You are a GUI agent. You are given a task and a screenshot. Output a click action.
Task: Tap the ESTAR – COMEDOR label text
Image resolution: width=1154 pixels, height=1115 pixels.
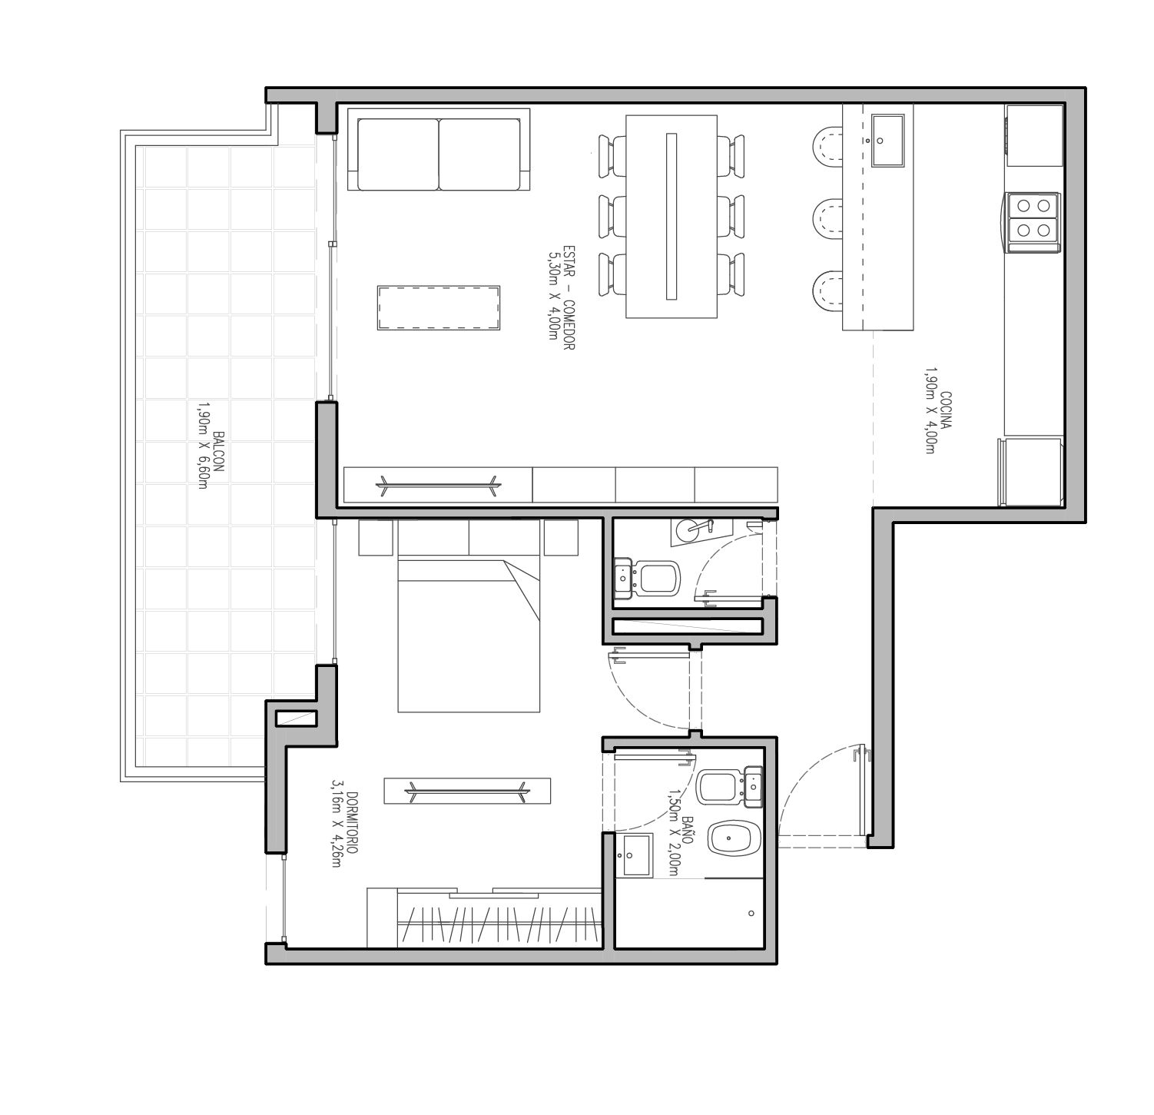[x=569, y=298]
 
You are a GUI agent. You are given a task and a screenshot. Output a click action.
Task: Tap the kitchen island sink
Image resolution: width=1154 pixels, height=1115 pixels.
[x=888, y=140]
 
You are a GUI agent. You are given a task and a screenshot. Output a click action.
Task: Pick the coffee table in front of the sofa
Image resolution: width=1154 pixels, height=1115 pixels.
[x=439, y=308]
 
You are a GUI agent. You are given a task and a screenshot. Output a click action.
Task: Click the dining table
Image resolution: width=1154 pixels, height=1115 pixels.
[x=672, y=216]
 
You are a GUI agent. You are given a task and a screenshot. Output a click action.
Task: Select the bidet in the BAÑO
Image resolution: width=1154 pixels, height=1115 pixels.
[x=735, y=840]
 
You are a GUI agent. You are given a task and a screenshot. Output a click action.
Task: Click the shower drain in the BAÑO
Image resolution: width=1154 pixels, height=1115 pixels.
[x=751, y=914]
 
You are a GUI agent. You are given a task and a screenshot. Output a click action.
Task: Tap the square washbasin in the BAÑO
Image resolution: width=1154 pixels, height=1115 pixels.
[x=637, y=855]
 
